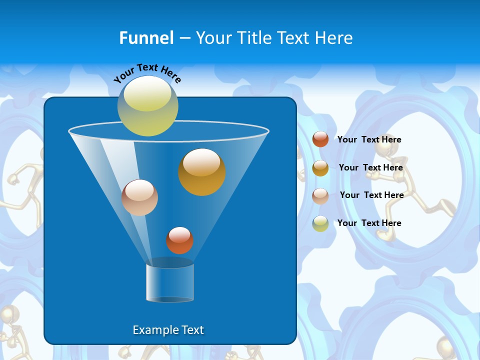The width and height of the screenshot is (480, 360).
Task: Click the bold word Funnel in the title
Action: tap(146, 38)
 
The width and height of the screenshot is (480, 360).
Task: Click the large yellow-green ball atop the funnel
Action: tap(148, 105)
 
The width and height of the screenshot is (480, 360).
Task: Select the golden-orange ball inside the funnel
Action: tap(201, 171)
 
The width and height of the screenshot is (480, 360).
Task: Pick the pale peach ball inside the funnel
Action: tap(139, 197)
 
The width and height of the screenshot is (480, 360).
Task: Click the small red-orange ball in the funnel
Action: tap(179, 240)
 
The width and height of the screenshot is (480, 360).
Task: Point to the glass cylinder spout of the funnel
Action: tap(170, 282)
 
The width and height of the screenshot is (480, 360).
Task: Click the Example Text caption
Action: tap(168, 330)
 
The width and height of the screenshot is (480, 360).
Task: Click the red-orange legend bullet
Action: tap(320, 139)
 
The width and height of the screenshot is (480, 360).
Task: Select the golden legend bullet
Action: tap(320, 168)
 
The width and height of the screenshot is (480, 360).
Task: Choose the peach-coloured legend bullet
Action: tap(320, 196)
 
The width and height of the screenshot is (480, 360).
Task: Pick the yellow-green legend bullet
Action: tap(320, 223)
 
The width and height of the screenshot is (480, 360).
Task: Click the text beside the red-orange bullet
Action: tap(369, 140)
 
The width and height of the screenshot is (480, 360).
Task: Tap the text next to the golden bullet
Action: tap(370, 168)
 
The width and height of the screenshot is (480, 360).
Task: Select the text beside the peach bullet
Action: tap(371, 195)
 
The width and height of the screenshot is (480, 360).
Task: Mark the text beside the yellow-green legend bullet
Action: tap(369, 223)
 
